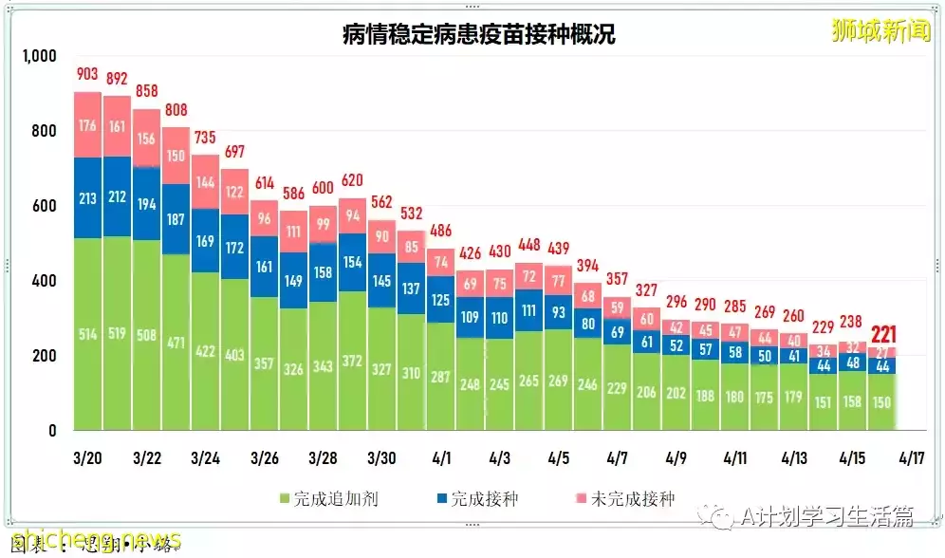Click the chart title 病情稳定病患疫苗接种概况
click(478, 35)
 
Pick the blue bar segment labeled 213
click(87, 198)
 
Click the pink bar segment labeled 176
click(87, 123)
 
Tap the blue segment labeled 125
click(440, 300)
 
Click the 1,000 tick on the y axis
click(40, 58)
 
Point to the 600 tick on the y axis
click(45, 206)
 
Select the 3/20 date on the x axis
click(87, 457)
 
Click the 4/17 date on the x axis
click(911, 457)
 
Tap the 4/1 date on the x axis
click(440, 457)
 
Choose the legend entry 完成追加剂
click(328, 498)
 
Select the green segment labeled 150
click(882, 402)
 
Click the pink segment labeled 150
click(176, 156)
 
